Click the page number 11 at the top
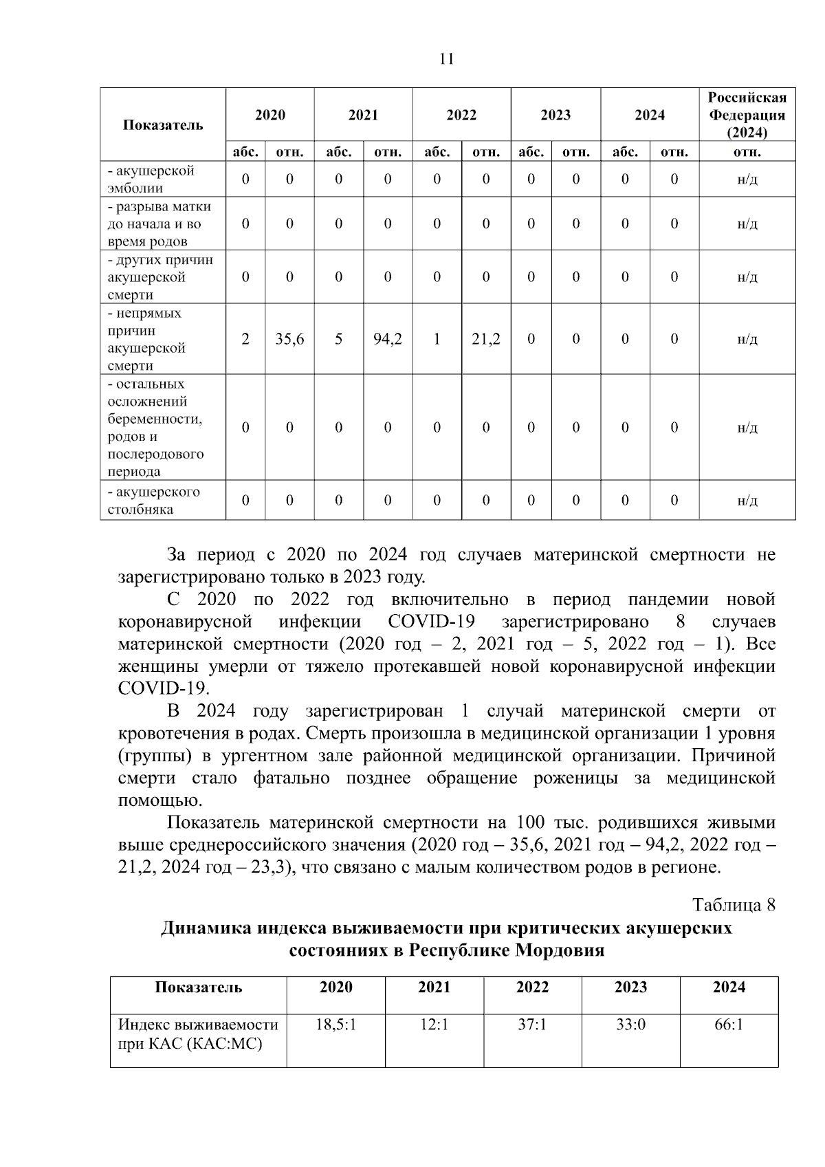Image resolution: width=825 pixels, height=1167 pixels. coord(446,59)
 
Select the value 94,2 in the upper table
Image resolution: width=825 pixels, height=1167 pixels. coord(388,339)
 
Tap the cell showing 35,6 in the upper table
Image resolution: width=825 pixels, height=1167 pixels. coord(289,339)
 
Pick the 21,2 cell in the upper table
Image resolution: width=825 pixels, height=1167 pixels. coord(486,339)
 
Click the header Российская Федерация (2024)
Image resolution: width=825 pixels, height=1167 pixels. coord(747,115)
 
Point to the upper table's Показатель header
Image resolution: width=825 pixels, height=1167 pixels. coord(163,125)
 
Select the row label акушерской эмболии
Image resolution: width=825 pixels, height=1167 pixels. coord(151,179)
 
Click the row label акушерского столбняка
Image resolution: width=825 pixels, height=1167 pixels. coord(154,501)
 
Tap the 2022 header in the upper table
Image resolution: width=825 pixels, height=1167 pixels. coord(461,115)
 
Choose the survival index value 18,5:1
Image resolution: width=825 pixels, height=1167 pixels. coord(335,1025)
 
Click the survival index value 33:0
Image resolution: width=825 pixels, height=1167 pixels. coord(630,1025)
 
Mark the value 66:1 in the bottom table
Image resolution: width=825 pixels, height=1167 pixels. coord(729,1025)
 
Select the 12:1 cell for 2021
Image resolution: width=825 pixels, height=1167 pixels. coord(434,1025)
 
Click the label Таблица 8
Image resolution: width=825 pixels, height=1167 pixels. coord(734,905)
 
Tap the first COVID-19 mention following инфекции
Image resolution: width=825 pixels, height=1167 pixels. coord(432,622)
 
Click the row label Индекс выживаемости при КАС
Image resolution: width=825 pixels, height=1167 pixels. coord(198,1034)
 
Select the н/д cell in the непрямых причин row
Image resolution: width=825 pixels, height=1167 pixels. coord(747,339)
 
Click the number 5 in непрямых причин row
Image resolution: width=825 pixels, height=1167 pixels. coord(339,339)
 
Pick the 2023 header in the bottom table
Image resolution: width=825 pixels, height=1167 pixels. coord(630,988)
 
